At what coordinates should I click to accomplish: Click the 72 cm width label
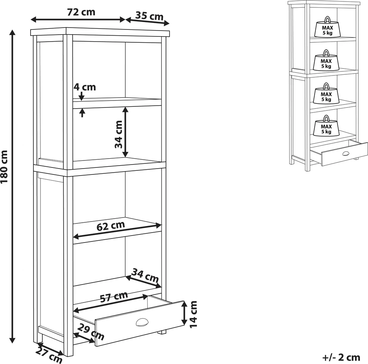(81, 12)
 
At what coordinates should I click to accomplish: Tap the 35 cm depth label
(149, 16)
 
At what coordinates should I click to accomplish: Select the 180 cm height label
(4, 167)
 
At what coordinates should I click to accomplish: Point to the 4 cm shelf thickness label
(85, 87)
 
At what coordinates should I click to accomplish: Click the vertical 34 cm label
(118, 134)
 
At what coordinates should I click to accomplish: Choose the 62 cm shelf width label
(110, 226)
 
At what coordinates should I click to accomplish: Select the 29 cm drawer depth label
(91, 331)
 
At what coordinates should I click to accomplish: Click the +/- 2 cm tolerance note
(341, 357)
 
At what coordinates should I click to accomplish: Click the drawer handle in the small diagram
(346, 153)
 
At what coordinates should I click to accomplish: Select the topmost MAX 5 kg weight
(328, 27)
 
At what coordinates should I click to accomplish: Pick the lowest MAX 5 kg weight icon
(326, 126)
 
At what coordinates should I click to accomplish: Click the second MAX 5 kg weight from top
(326, 60)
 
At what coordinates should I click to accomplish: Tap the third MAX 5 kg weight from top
(326, 93)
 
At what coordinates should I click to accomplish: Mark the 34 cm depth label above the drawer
(145, 275)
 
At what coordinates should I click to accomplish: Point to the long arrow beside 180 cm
(12, 186)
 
